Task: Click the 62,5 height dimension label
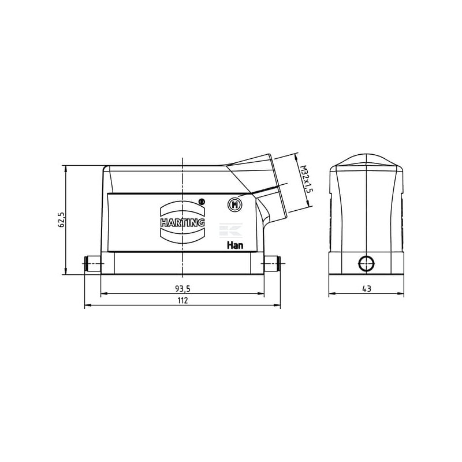(x=62, y=220)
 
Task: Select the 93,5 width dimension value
(x=182, y=289)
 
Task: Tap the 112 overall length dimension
(x=182, y=300)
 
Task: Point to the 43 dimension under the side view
(x=367, y=289)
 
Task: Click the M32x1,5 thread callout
(x=307, y=179)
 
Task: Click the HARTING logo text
(x=182, y=222)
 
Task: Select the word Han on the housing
(x=235, y=245)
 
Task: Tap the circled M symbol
(x=235, y=204)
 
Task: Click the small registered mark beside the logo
(x=202, y=202)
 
